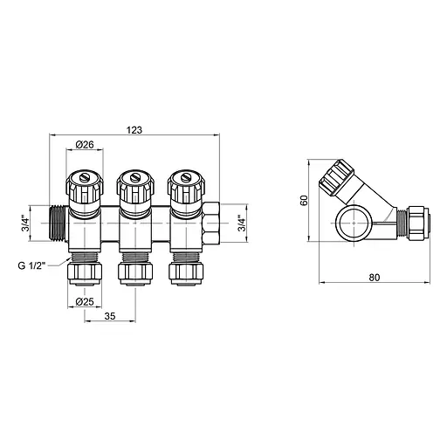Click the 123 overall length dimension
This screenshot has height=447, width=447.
coord(134,129)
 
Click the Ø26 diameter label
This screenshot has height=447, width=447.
coord(86,144)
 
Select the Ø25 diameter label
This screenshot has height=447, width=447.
coord(84,301)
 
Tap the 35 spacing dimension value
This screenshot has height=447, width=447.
coord(111,317)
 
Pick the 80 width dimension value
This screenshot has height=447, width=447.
coord(375,278)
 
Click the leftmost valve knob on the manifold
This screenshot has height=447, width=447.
coord(86,187)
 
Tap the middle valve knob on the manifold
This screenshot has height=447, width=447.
coord(135,187)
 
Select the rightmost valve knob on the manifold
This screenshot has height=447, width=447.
coord(185,187)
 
